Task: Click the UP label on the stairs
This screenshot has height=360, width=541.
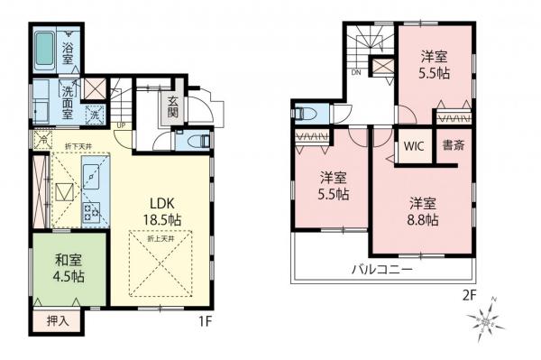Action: (x=121, y=126)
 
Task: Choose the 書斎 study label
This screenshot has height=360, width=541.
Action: (x=454, y=146)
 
